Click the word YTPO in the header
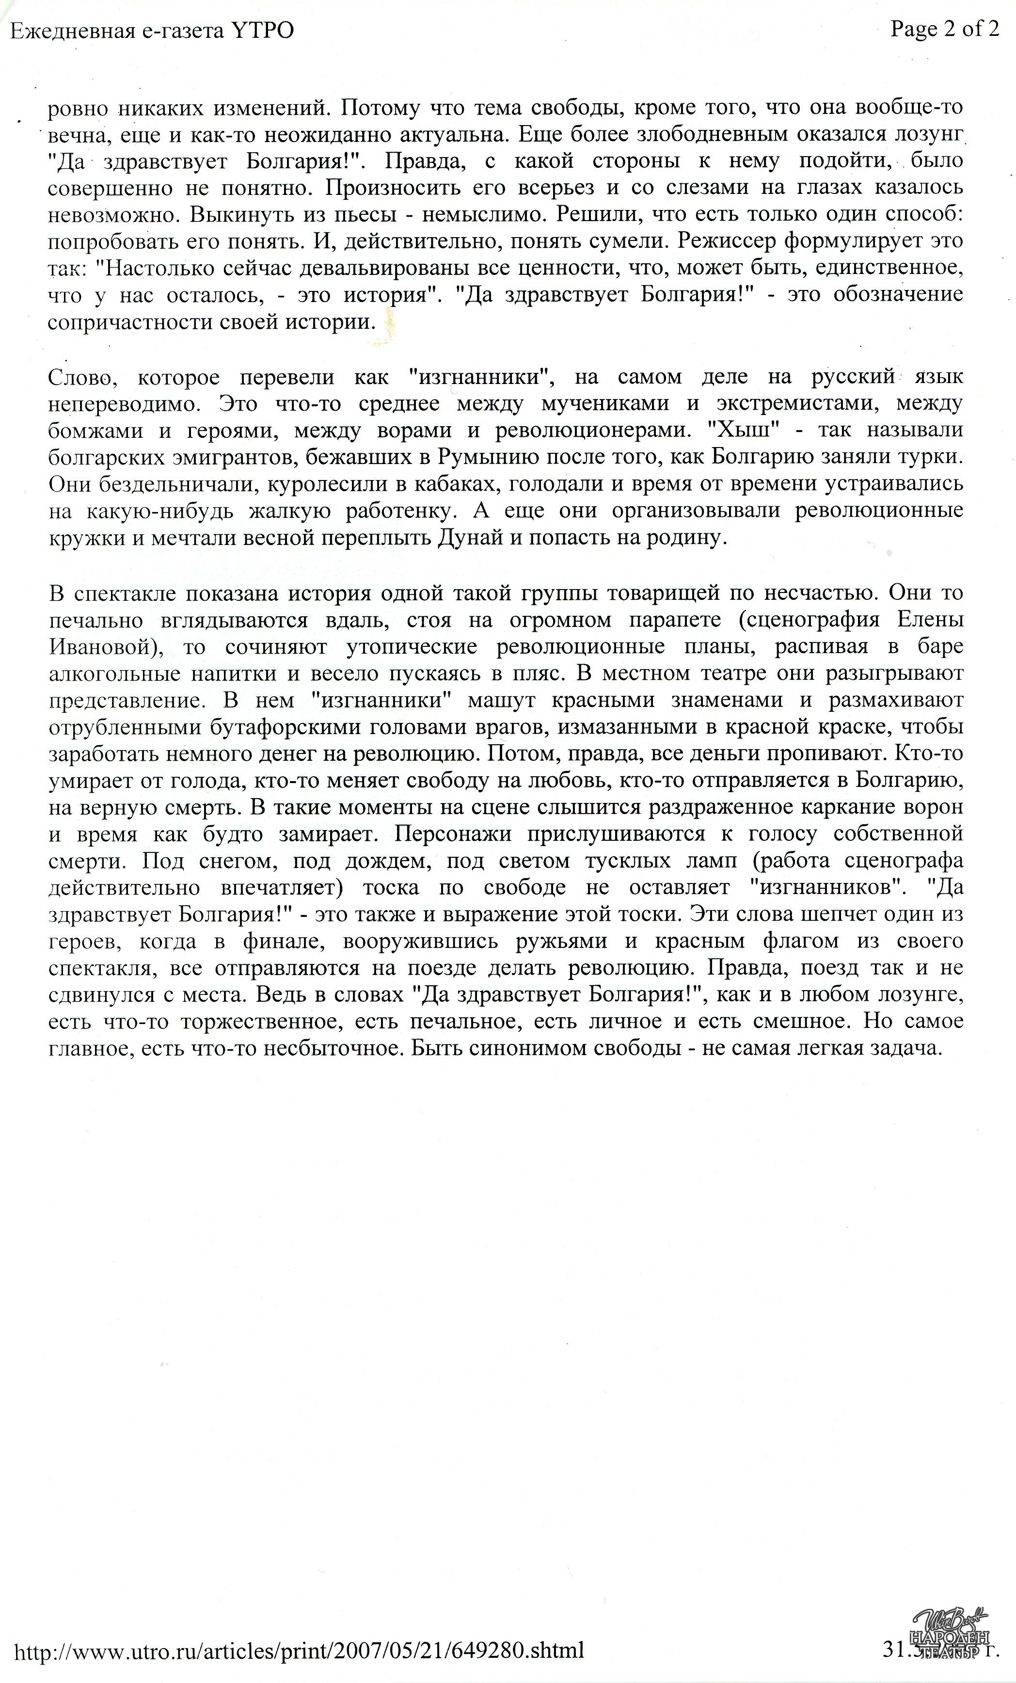[x=263, y=31]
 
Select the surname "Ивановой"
[x=99, y=647]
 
